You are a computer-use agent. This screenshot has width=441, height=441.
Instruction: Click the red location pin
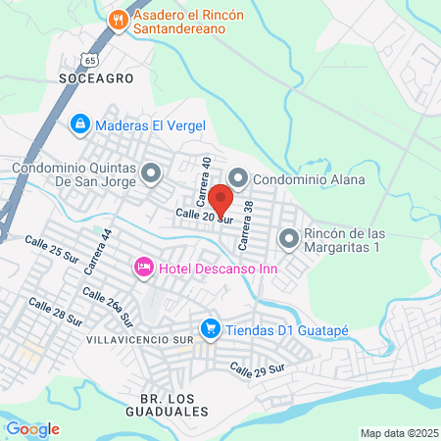(220, 198)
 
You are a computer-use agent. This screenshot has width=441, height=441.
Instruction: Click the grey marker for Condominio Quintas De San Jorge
(150, 175)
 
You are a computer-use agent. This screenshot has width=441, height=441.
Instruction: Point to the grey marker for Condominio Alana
(236, 179)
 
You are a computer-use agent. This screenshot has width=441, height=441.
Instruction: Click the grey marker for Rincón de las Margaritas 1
(289, 238)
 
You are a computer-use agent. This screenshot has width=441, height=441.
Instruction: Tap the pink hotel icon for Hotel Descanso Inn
(143, 266)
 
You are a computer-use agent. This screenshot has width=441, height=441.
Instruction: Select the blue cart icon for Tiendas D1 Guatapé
(209, 328)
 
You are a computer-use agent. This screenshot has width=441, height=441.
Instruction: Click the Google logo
(32, 428)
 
